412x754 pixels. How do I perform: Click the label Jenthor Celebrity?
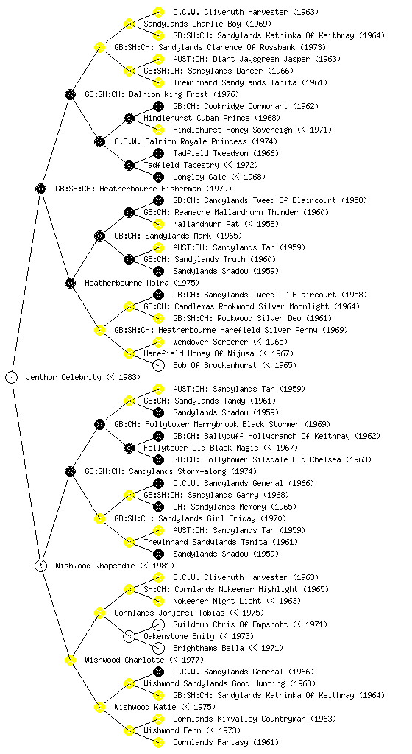(x=63, y=377)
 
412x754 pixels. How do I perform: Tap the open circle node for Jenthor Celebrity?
(x=12, y=377)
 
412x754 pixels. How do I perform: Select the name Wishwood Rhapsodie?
(x=95, y=565)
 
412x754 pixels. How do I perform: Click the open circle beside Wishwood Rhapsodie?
(x=40, y=565)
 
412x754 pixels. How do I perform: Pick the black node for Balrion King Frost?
(x=70, y=94)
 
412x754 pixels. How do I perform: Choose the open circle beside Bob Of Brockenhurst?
(x=158, y=365)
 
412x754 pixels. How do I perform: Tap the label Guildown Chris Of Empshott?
(x=230, y=624)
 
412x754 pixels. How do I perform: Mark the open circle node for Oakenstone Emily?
(x=129, y=636)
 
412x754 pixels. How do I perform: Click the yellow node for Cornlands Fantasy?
(x=158, y=742)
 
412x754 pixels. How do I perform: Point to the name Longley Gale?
(x=198, y=177)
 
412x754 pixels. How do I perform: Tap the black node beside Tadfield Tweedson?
(x=158, y=153)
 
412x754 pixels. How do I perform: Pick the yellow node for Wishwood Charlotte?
(x=70, y=660)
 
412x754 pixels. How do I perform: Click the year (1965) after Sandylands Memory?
(x=283, y=507)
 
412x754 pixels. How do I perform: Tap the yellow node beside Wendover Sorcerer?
(x=158, y=342)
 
